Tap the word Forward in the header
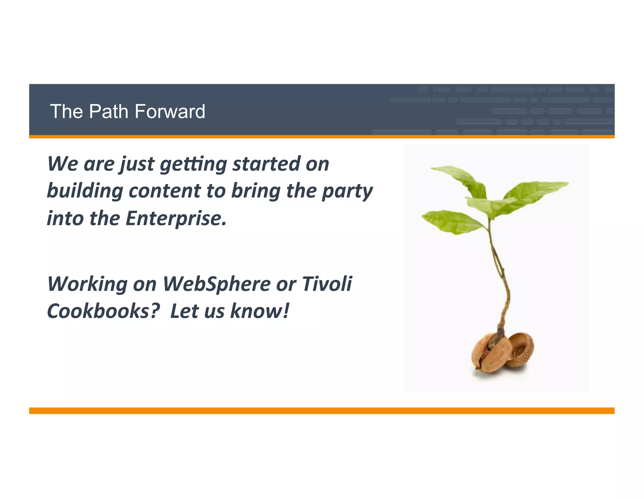pos(170,111)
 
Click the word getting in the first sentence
pos(193,164)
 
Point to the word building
pos(85,191)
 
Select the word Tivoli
pos(327,284)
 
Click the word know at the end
pos(259,311)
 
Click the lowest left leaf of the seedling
pos(450,222)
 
